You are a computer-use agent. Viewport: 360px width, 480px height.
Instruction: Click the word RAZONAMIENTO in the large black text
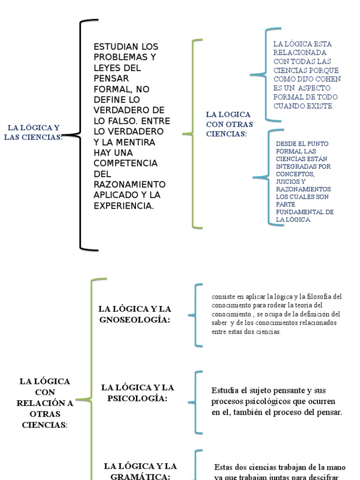[x=129, y=184]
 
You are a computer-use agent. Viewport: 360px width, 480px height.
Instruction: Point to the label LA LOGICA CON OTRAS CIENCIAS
[x=229, y=124]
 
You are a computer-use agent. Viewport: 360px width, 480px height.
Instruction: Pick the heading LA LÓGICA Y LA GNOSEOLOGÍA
[x=135, y=314]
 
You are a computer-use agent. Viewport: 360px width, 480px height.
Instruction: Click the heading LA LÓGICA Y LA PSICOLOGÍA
[x=137, y=393]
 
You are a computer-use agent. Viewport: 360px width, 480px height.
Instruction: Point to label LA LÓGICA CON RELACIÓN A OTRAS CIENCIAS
[x=45, y=403]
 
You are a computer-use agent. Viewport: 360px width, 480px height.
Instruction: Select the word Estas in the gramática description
[x=224, y=467]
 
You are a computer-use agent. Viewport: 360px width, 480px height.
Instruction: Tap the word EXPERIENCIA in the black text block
[x=124, y=205]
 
